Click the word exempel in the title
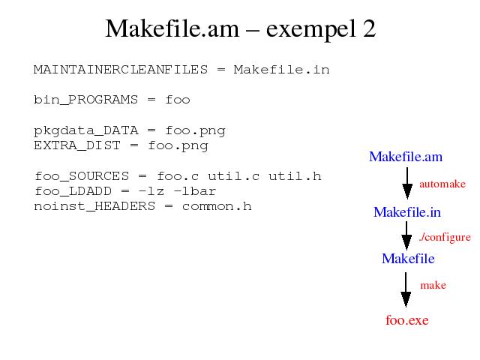(310, 29)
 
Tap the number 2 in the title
(370, 28)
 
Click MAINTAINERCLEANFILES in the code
(121, 70)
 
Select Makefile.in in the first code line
(282, 70)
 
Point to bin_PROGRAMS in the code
(85, 100)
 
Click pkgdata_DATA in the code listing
(86, 130)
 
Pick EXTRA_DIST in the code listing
(77, 145)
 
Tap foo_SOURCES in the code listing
(82, 176)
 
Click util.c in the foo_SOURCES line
(234, 176)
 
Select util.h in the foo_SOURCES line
(295, 176)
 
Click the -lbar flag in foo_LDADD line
(195, 191)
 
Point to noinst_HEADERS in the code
(94, 206)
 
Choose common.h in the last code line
(217, 206)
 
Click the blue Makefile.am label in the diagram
(406, 157)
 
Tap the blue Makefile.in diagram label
(407, 212)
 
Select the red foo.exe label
(407, 320)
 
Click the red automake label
(442, 184)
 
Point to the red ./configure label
(445, 237)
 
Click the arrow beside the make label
(406, 289)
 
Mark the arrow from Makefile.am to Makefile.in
(407, 183)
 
